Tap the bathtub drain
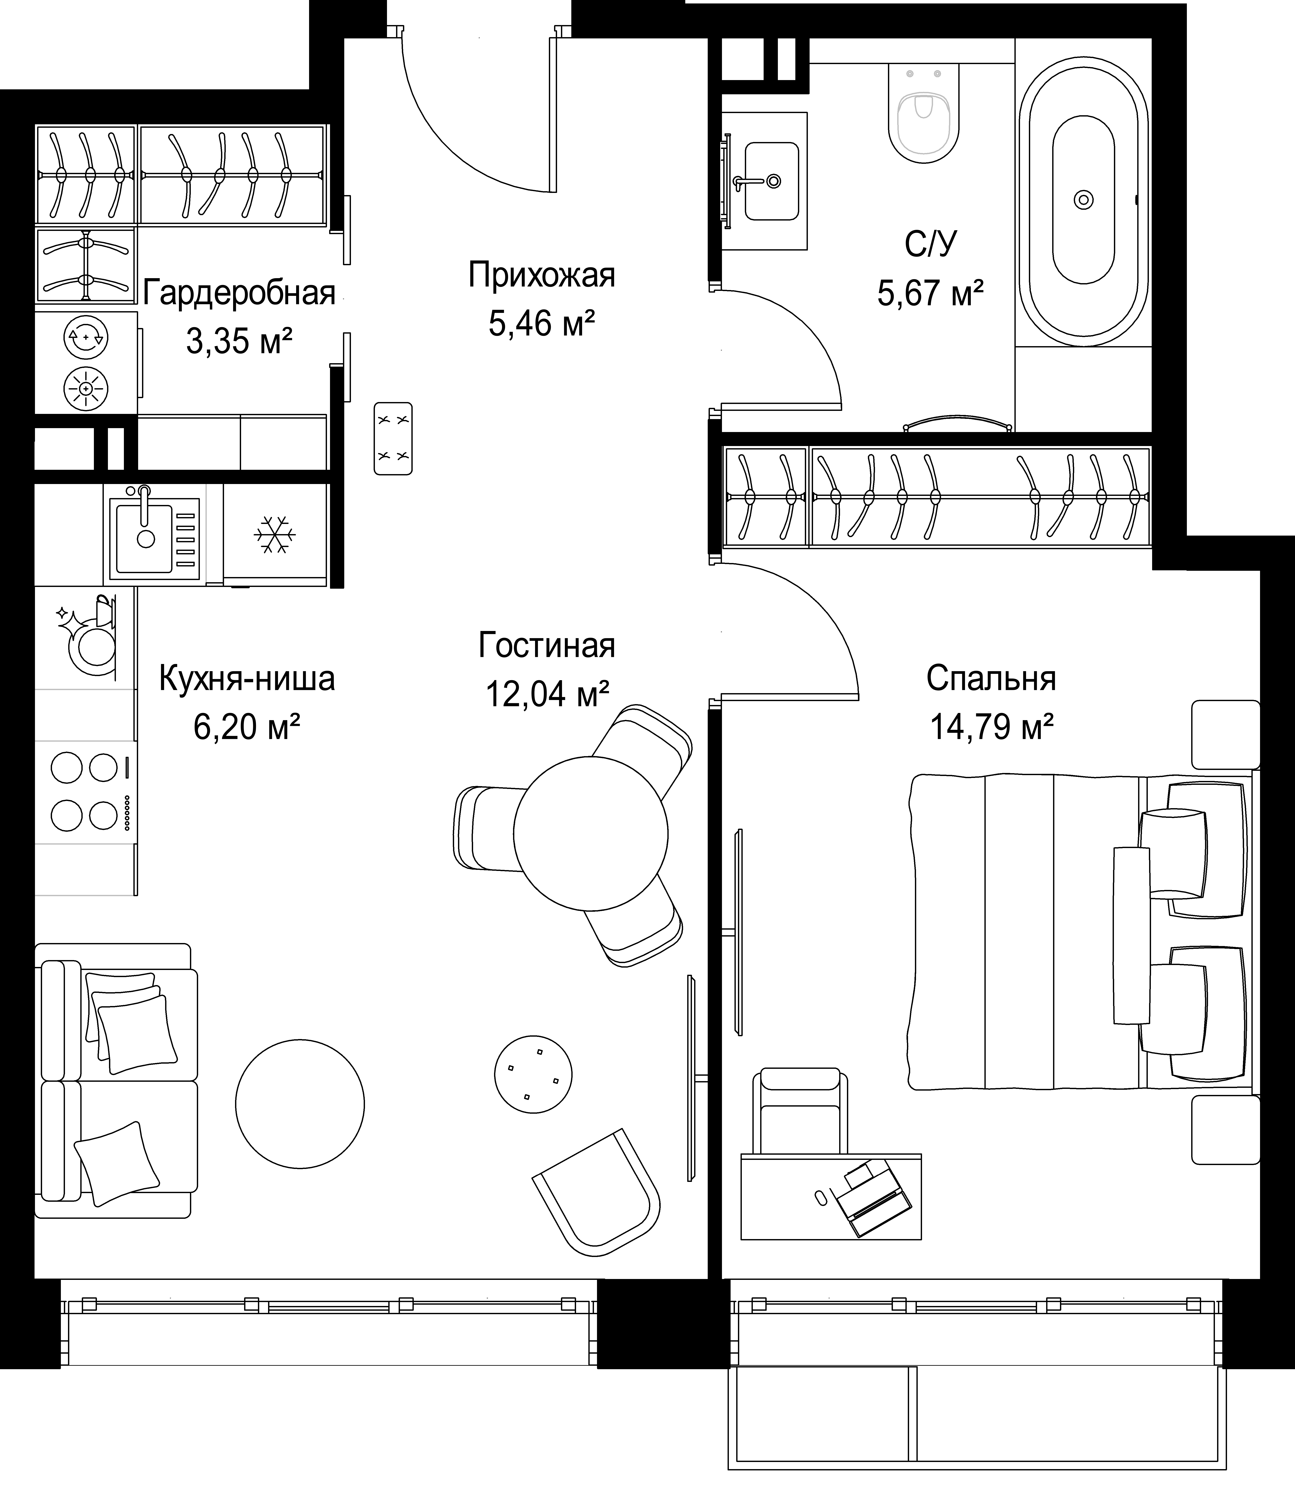point(1083,199)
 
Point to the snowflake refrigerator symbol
point(275,535)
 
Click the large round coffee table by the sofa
point(300,1104)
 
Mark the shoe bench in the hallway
point(393,438)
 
